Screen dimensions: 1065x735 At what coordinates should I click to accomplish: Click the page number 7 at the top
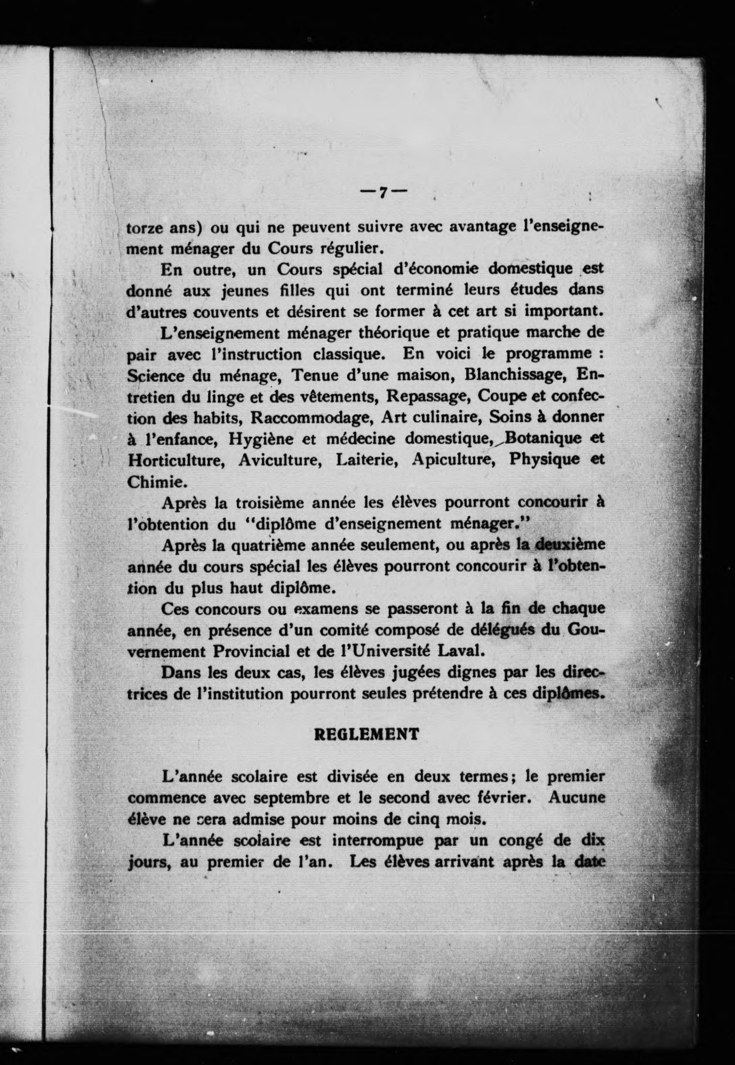coord(382,193)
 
